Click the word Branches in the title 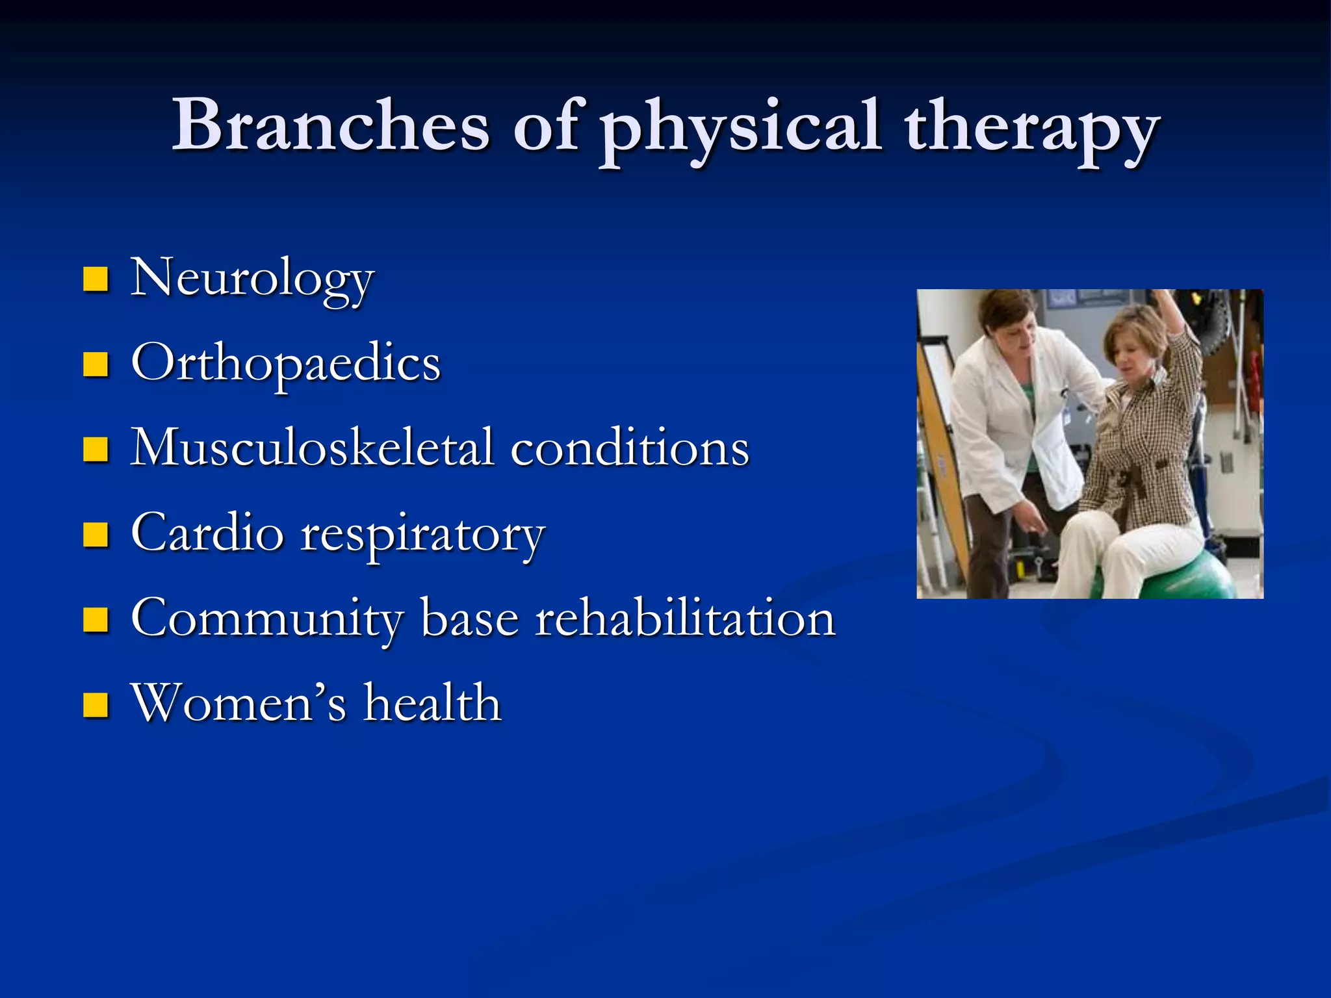pos(330,125)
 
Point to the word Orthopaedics pos(286,364)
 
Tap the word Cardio pos(207,533)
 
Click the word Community pos(267,619)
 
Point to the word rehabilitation pos(685,618)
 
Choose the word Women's pos(238,703)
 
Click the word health pos(432,703)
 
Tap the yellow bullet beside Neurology pos(96,280)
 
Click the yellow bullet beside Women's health pos(96,704)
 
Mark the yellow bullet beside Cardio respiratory pos(96,535)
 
